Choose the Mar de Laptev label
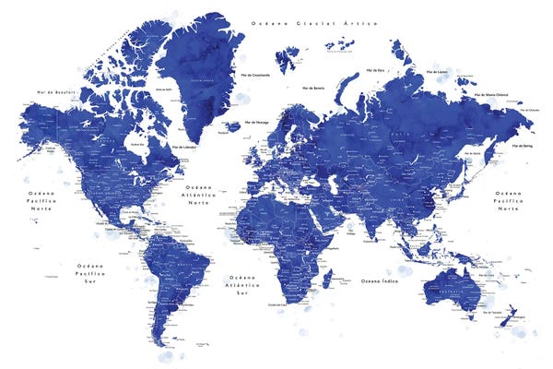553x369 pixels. pos(436,71)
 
